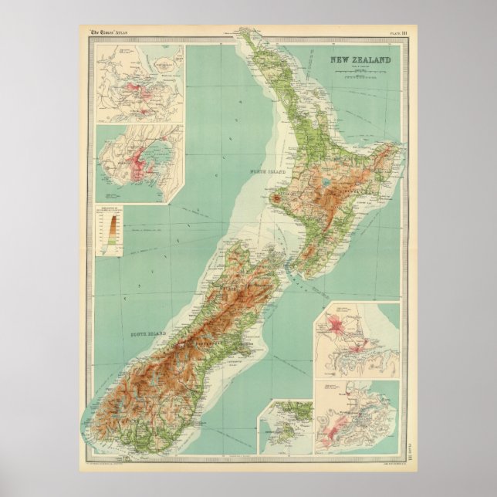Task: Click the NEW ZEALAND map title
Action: click(x=361, y=59)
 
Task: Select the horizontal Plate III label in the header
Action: click(x=400, y=32)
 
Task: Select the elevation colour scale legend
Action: click(x=113, y=231)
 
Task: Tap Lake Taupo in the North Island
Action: click(x=330, y=184)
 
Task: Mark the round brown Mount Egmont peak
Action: click(x=276, y=199)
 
